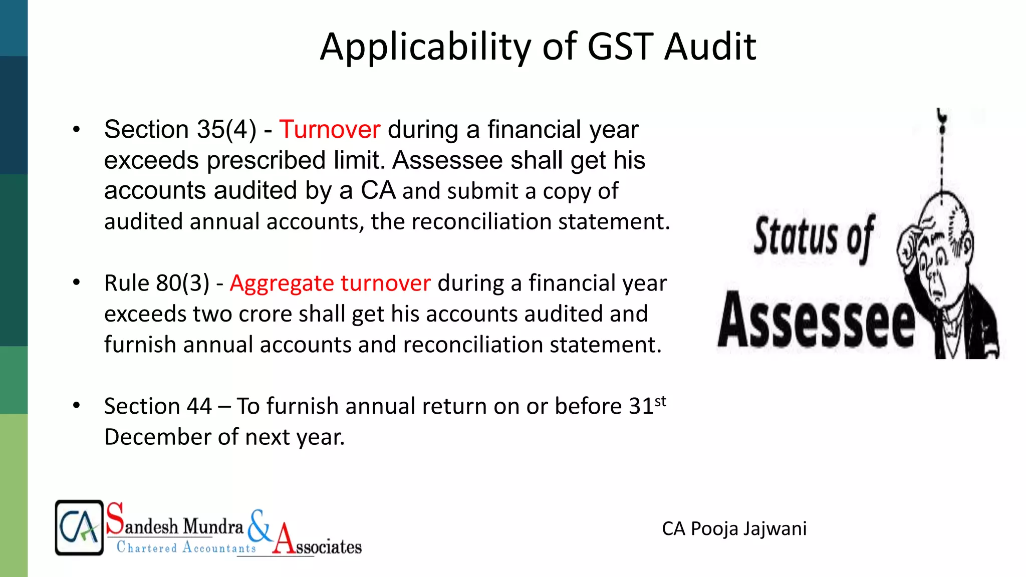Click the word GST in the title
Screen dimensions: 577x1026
[x=620, y=47]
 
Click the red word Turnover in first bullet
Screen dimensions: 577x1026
[x=330, y=130]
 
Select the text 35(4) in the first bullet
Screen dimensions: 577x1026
[x=226, y=130]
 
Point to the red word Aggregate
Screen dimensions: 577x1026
[x=282, y=284]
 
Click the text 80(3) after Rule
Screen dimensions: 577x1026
[x=183, y=283]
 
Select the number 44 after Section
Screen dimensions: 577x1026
[x=199, y=406]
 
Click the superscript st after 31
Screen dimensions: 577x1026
[x=660, y=401]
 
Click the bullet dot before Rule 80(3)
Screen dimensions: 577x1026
[x=76, y=282]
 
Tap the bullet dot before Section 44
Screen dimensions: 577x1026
[x=76, y=405]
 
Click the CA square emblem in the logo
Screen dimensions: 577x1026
[x=79, y=527]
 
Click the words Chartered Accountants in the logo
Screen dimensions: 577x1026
[x=186, y=547]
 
